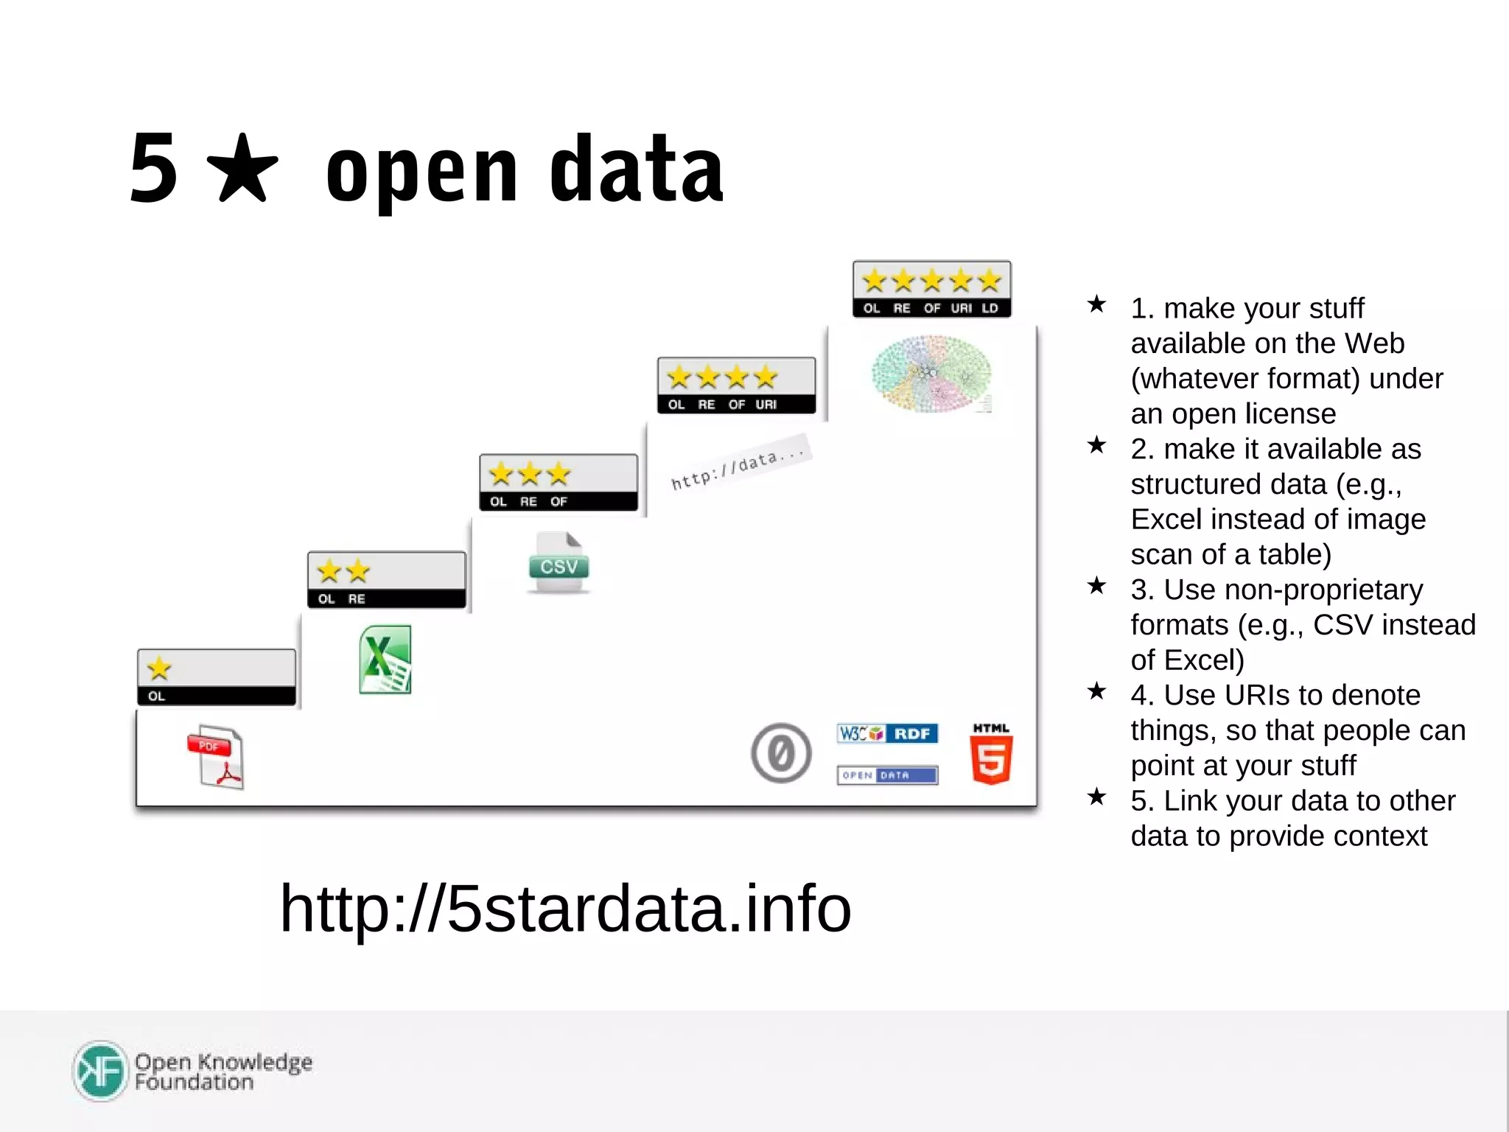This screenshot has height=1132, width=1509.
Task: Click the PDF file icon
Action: point(216,758)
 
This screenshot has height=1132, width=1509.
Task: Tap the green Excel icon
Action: point(385,660)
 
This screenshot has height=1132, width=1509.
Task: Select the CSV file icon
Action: point(559,563)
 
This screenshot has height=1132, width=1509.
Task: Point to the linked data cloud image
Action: point(931,374)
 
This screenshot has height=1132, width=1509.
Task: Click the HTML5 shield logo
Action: point(991,755)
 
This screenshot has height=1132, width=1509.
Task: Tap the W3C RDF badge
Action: point(887,733)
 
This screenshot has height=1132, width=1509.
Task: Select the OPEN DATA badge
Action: point(887,775)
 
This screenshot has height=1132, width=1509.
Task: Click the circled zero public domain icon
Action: point(781,753)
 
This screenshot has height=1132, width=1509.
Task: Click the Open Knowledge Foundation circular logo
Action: point(101,1071)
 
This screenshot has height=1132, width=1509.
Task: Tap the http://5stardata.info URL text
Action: point(565,908)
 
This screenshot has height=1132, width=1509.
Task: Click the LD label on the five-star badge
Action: point(990,308)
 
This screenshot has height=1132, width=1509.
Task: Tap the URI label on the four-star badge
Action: point(766,405)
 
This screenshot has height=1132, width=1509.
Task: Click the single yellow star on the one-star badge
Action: point(159,668)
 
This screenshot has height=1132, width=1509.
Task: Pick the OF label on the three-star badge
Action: point(559,502)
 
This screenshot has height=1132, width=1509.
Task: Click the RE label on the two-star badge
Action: point(357,599)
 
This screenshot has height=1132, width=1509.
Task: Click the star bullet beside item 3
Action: point(1096,586)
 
